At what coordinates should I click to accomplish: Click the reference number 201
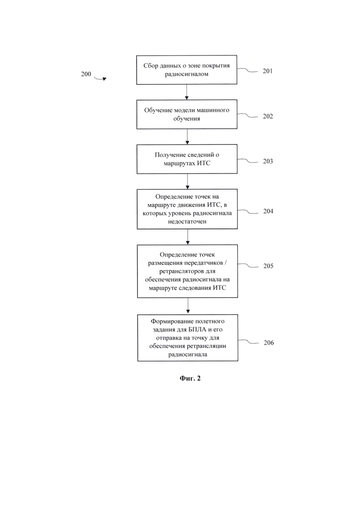(268, 71)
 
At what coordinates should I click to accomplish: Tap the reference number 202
(268, 116)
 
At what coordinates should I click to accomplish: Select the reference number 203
(268, 162)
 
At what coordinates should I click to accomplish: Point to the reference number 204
(268, 211)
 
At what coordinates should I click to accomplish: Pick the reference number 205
(268, 266)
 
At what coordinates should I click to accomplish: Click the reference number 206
(269, 343)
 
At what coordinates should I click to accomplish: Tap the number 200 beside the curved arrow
(86, 74)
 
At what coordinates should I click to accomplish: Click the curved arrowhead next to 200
(104, 79)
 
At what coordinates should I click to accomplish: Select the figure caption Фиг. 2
(190, 378)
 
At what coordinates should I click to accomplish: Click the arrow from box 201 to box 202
(186, 92)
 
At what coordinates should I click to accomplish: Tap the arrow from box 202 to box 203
(187, 137)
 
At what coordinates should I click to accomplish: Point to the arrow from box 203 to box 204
(187, 181)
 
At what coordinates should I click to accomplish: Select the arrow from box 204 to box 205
(188, 237)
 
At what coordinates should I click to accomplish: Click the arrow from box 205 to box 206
(188, 306)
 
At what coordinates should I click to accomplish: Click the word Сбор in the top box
(150, 66)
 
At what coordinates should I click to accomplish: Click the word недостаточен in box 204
(187, 222)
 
